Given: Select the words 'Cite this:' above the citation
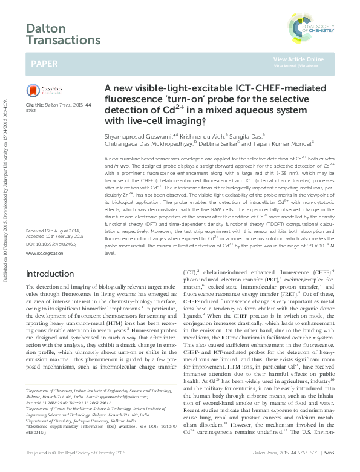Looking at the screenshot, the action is (36, 105).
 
